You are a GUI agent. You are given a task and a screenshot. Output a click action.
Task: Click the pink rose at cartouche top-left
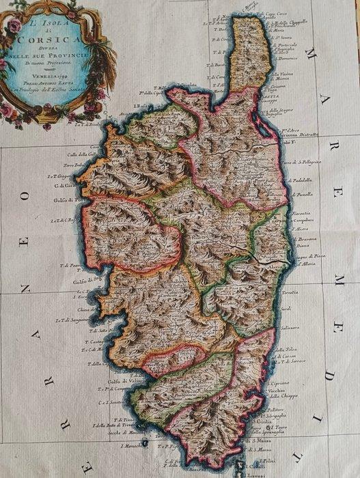pyautogui.click(x=14, y=26)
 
